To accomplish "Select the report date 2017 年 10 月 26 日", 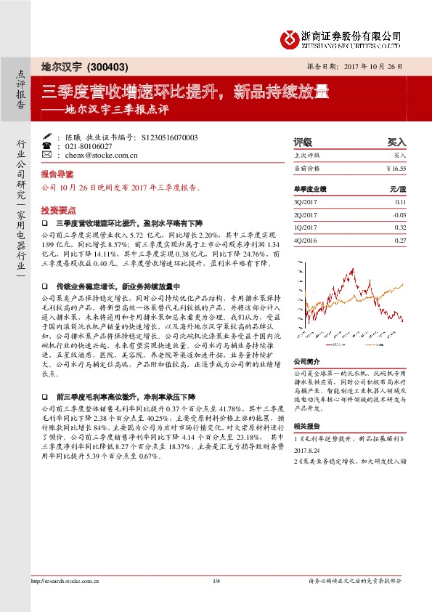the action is pos(371,66).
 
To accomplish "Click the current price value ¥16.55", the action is pos(396,167).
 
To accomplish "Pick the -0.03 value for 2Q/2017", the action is pos(399,215).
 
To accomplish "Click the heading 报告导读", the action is pos(57,175).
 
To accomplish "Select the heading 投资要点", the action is pos(57,206).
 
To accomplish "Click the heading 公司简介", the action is pos(306,361).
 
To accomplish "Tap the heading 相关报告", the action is pos(306,428).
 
